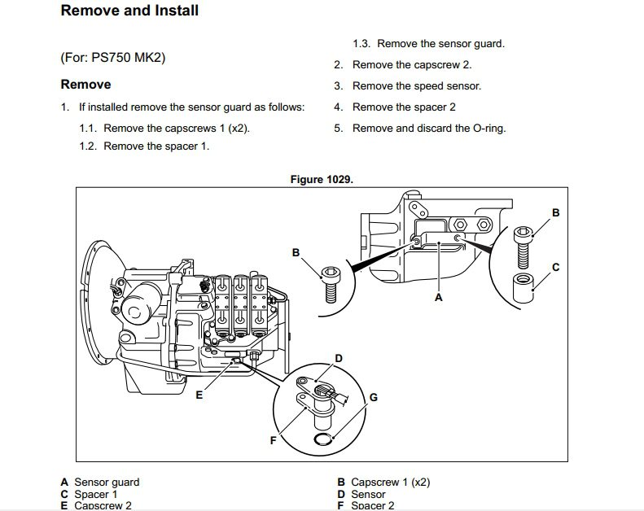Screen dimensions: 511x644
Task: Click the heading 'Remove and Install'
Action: (129, 11)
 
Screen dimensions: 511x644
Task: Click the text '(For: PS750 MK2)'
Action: (119, 59)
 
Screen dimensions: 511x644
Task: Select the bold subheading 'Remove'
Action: (85, 85)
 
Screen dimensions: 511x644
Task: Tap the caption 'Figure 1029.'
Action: (322, 179)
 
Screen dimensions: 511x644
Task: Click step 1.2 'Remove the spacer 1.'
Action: (156, 146)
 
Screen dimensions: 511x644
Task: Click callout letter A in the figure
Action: (438, 298)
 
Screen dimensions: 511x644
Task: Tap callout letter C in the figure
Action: (555, 266)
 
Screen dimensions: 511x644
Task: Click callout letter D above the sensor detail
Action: (339, 359)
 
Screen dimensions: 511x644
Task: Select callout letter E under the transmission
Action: (199, 395)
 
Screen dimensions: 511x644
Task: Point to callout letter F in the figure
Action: (273, 440)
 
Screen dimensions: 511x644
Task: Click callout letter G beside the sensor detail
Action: (373, 397)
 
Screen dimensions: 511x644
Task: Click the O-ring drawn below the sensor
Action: (324, 439)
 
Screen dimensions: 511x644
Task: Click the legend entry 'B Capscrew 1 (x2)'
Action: (383, 483)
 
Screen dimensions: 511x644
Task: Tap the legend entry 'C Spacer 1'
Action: (89, 494)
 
